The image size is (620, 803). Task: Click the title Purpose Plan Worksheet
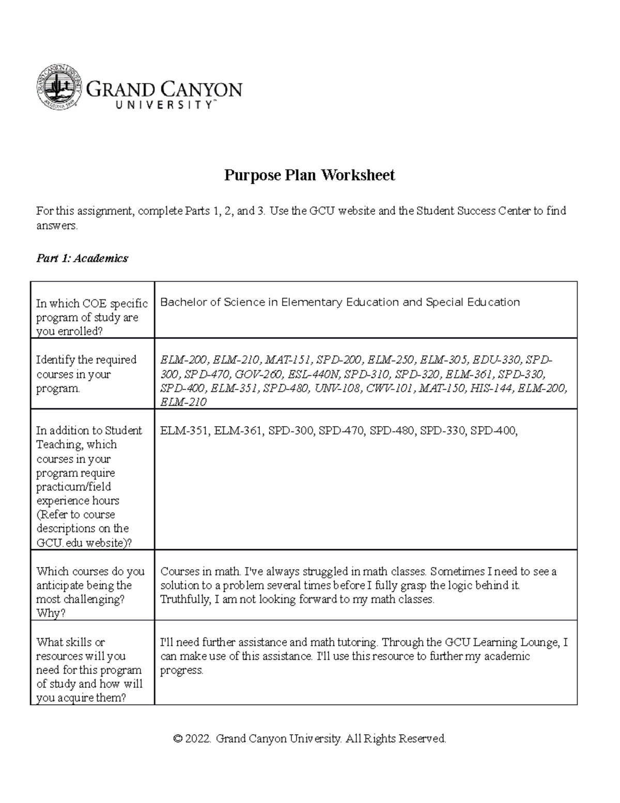coord(309,175)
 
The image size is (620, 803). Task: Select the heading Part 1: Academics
coord(82,258)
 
